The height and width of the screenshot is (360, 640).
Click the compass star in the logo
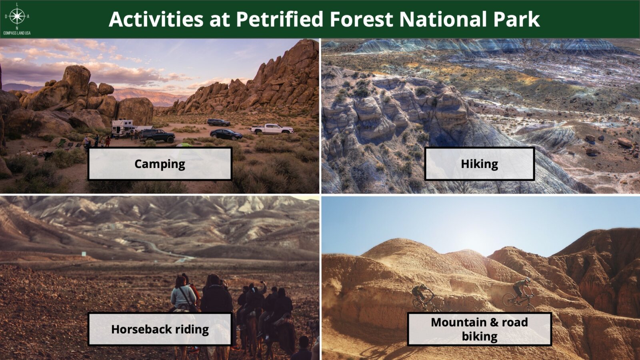click(17, 16)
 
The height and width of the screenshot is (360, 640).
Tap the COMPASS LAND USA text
click(17, 33)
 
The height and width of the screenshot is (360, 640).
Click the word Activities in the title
click(156, 19)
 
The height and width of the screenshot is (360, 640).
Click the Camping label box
click(160, 164)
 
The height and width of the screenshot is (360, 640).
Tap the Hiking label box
click(480, 164)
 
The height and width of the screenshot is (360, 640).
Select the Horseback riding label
click(160, 329)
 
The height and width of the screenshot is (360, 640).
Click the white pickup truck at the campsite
click(272, 129)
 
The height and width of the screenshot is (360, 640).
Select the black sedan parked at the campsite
click(226, 134)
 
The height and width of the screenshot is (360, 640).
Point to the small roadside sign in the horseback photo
click(84, 254)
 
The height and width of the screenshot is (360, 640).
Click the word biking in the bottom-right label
click(480, 336)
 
